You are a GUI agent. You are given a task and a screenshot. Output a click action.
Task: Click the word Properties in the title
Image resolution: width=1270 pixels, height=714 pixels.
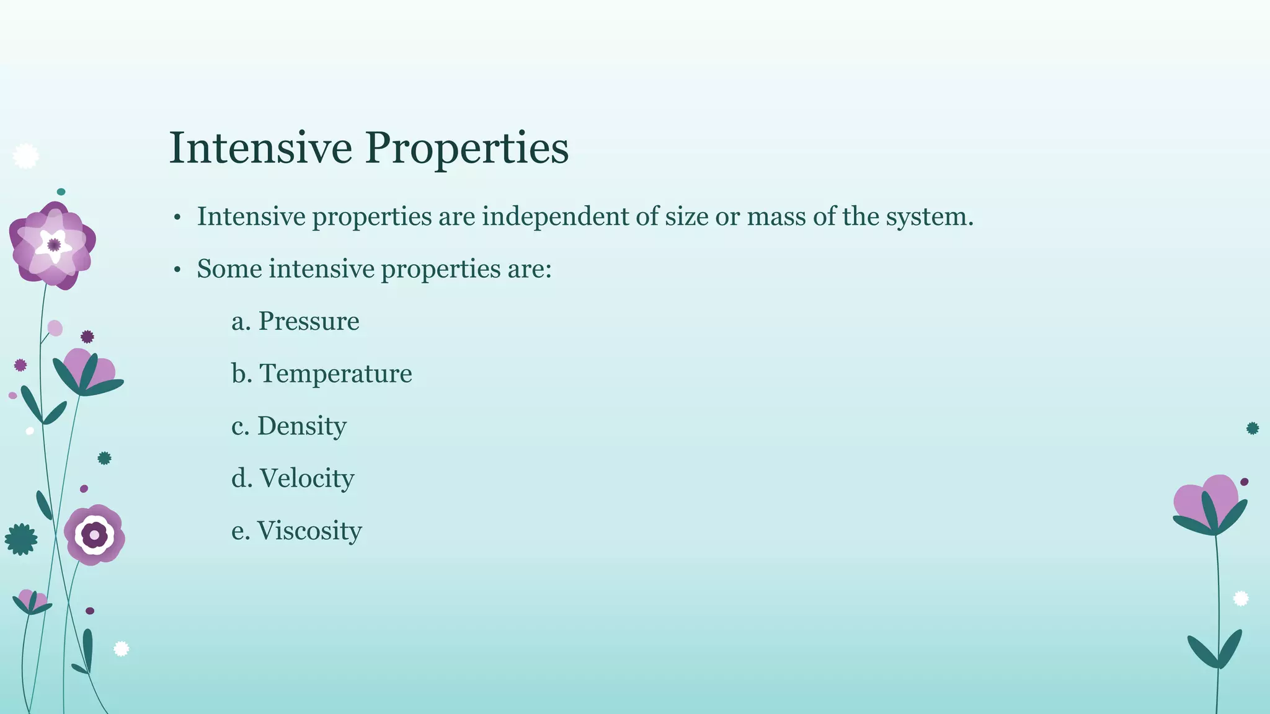pyautogui.click(x=466, y=149)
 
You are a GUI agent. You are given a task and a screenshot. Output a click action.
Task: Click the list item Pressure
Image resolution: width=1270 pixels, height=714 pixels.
pyautogui.click(x=308, y=321)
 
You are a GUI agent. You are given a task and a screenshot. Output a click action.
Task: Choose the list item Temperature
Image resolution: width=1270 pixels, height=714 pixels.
pyautogui.click(x=335, y=373)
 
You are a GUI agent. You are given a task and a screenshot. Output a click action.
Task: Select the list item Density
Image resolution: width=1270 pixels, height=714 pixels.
pyautogui.click(x=301, y=426)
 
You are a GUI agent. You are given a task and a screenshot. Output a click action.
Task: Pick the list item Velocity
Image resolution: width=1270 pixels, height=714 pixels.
pyautogui.click(x=306, y=478)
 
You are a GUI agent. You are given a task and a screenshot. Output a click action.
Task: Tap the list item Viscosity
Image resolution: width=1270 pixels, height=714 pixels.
pyautogui.click(x=309, y=531)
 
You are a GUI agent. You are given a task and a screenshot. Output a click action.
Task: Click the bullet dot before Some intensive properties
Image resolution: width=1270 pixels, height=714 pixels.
pyautogui.click(x=177, y=270)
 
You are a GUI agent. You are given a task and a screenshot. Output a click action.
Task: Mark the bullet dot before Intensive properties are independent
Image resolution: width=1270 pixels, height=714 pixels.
pyautogui.click(x=177, y=218)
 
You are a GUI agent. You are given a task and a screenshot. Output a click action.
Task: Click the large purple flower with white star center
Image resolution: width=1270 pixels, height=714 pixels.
pyautogui.click(x=53, y=245)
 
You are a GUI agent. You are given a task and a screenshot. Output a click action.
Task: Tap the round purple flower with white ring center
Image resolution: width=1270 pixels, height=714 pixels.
pyautogui.click(x=94, y=534)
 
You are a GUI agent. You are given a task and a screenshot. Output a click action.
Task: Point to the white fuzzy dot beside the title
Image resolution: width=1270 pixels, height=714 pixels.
pyautogui.click(x=25, y=156)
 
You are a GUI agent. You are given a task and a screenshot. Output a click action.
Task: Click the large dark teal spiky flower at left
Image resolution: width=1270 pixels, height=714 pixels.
pyautogui.click(x=20, y=539)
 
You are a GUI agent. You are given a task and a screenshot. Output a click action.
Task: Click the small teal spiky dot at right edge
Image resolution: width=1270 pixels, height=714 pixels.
pyautogui.click(x=1253, y=428)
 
